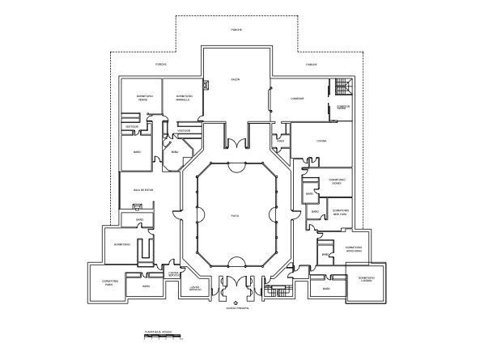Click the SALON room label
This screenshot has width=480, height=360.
click(235, 80)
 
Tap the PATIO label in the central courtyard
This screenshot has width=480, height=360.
click(235, 216)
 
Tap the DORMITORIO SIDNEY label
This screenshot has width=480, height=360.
click(337, 182)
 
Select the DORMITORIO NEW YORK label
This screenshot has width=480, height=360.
click(339, 214)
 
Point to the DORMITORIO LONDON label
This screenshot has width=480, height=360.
click(366, 279)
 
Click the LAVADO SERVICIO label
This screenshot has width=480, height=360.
click(194, 288)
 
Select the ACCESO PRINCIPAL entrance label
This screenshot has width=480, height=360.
click(237, 309)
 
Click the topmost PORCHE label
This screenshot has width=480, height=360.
click(237, 29)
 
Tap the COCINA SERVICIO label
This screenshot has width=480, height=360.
click(173, 274)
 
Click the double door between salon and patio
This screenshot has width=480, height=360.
click(237, 145)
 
